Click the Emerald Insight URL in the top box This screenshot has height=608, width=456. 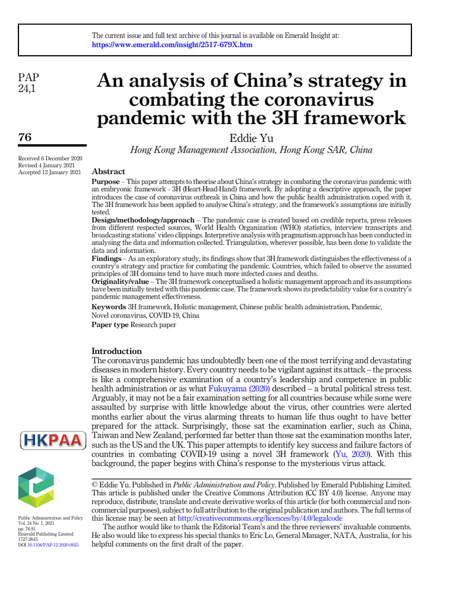172,45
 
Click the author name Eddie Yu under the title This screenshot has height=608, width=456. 251,138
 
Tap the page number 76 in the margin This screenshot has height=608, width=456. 26,137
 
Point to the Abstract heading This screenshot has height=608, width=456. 108,172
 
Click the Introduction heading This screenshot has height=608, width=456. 117,351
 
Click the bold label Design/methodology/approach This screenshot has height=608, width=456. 142,220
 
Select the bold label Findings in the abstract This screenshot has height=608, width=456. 107,259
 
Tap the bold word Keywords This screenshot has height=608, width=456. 109,307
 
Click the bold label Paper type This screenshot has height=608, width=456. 110,325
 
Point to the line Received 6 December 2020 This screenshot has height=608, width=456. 50,159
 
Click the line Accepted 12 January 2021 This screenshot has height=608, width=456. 50,173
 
